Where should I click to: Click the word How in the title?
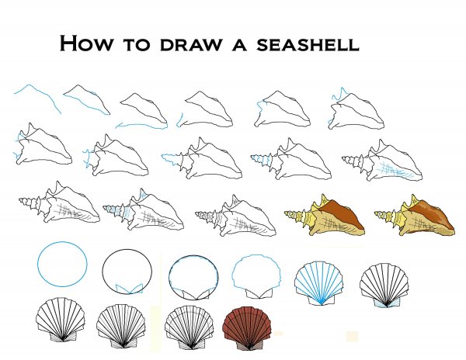pyautogui.click(x=86, y=43)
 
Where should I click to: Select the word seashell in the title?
pyautogui.click(x=308, y=44)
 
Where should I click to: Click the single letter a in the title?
pyautogui.click(x=239, y=44)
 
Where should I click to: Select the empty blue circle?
pyautogui.click(x=62, y=264)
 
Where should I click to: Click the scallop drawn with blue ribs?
pyautogui.click(x=318, y=283)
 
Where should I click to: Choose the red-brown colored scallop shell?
pyautogui.click(x=248, y=328)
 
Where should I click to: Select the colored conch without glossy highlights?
pyautogui.click(x=324, y=216)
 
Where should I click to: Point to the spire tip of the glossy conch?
pyautogui.click(x=375, y=213)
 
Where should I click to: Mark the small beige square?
pyautogui.click(x=352, y=336)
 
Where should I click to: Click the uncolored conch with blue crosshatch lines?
pyautogui.click(x=382, y=161)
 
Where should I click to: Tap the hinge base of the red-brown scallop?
pyautogui.click(x=249, y=345)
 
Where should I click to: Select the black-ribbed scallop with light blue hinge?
pyautogui.click(x=384, y=285)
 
